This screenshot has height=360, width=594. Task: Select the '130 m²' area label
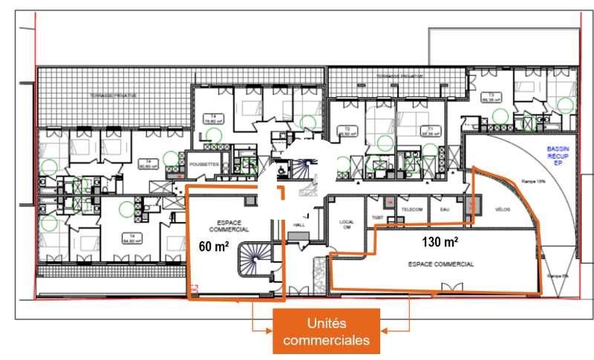(440, 242)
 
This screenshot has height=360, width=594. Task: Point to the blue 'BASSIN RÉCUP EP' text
(558, 154)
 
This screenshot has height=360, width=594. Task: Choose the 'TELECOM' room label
(413, 209)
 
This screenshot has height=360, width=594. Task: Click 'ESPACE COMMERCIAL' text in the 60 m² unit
(233, 226)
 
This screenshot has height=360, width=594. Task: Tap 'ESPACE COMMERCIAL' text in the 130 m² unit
(441, 264)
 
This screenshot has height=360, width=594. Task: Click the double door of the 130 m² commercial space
(450, 287)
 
